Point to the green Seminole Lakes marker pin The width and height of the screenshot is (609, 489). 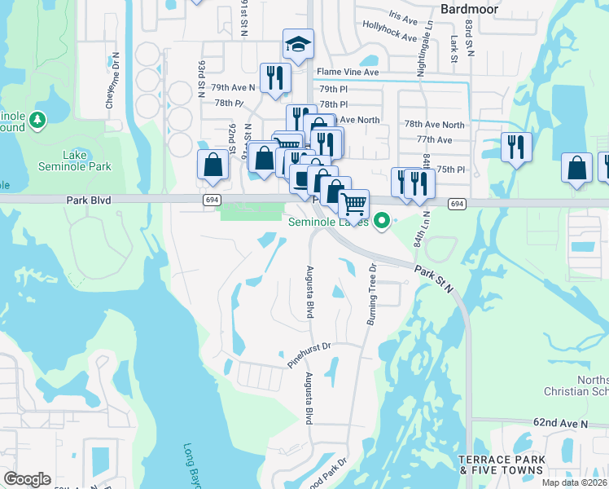pos(379,221)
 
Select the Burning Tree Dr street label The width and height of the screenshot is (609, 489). pos(372,293)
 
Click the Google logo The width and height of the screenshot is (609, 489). pos(27,479)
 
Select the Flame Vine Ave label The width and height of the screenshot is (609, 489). pos(348,72)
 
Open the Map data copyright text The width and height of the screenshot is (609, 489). pos(574,482)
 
